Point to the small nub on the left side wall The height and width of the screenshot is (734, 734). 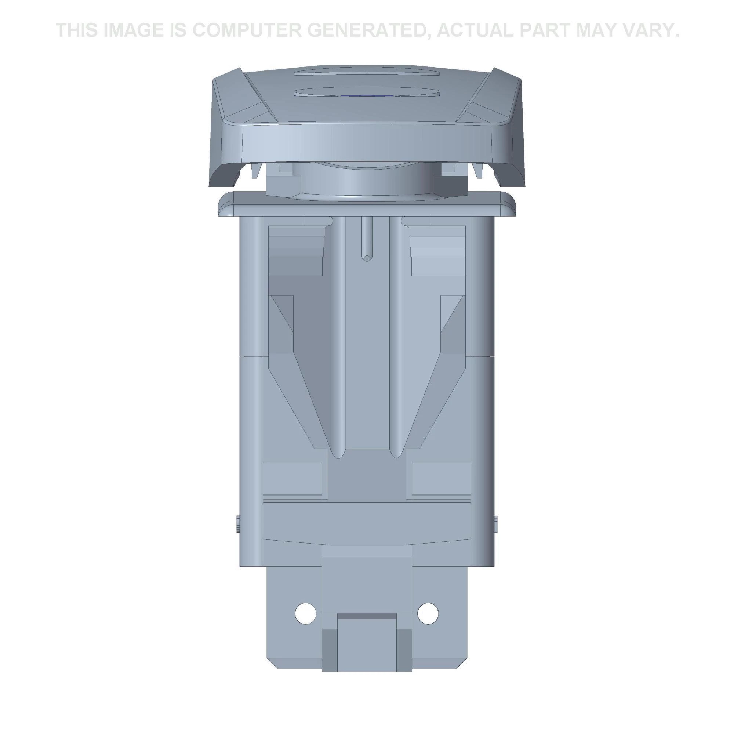(237, 525)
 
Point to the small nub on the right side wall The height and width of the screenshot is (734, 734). (496, 525)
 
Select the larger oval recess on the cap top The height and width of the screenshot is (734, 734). (367, 92)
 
